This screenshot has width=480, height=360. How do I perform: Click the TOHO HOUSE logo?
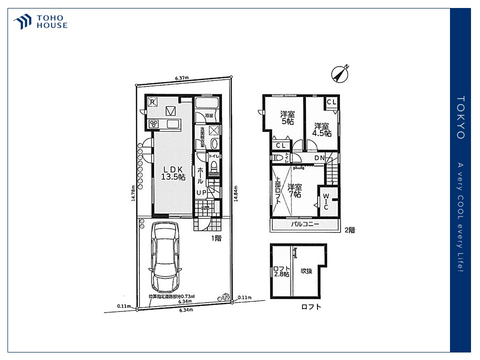pyautogui.click(x=40, y=22)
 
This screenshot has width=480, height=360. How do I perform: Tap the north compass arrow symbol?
pyautogui.click(x=340, y=74)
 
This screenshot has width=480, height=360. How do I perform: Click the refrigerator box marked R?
pyautogui.click(x=153, y=102)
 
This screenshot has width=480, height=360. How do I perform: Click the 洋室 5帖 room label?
pyautogui.click(x=286, y=117)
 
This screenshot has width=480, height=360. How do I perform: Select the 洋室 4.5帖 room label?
pyautogui.click(x=321, y=129)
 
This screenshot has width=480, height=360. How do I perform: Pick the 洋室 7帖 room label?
pyautogui.click(x=294, y=191)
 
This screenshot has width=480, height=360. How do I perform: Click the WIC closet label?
pyautogui.click(x=325, y=201)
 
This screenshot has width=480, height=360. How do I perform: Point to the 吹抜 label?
pyautogui.click(x=306, y=271)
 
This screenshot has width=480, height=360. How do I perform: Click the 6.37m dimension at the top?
pyautogui.click(x=181, y=77)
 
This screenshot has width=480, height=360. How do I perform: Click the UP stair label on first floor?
pyautogui.click(x=201, y=192)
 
